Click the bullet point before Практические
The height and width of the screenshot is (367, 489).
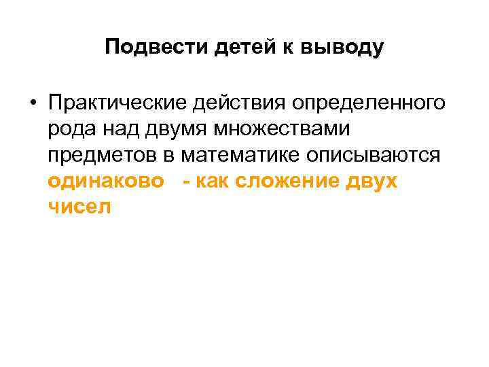32,104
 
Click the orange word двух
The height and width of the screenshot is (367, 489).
372,181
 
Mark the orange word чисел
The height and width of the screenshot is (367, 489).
79,207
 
